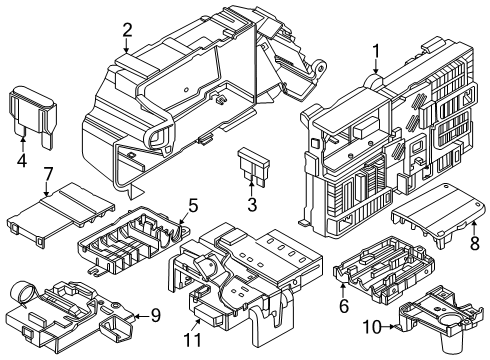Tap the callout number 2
[127, 29]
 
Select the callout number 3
[252, 205]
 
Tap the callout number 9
[155, 316]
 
